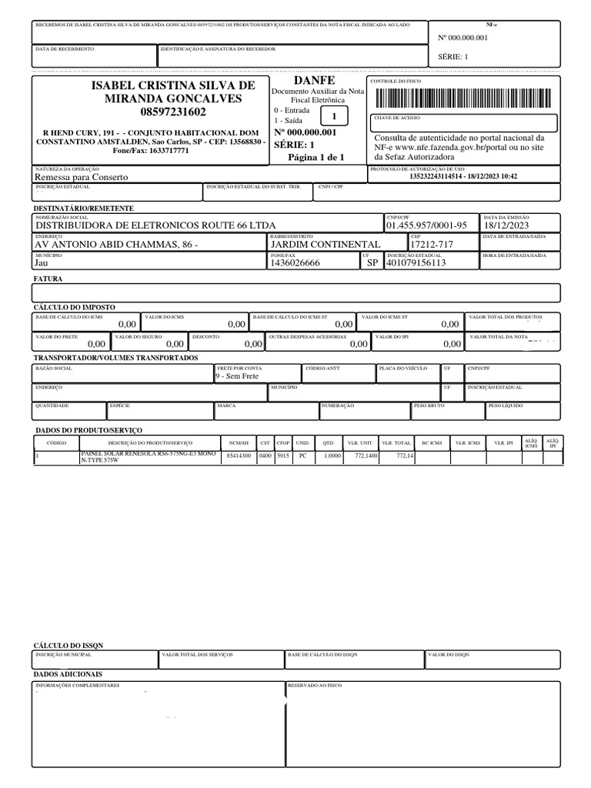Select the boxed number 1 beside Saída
click(334, 116)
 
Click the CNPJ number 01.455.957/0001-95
click(426, 225)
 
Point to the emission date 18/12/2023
click(507, 225)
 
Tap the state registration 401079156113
click(416, 263)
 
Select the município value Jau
click(42, 263)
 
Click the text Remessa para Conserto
click(82, 177)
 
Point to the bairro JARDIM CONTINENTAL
click(326, 244)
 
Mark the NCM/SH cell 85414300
click(237, 456)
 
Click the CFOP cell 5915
click(283, 456)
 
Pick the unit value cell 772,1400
click(366, 456)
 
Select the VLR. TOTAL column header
click(397, 443)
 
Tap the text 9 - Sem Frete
click(237, 376)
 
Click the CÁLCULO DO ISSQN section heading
click(68, 645)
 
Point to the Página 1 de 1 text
click(316, 157)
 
